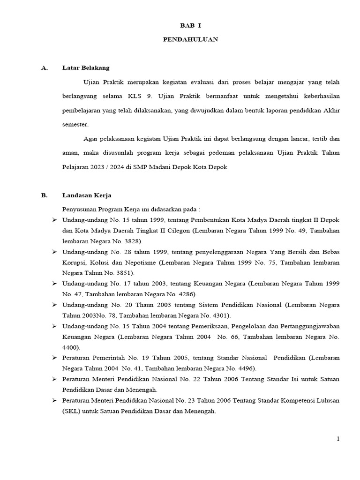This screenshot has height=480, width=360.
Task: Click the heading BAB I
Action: point(190,26)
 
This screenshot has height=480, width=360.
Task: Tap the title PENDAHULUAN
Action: point(190,40)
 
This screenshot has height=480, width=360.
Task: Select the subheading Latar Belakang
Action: point(86,68)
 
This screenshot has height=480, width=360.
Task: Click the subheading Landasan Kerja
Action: point(87,195)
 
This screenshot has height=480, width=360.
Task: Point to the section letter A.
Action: point(45,68)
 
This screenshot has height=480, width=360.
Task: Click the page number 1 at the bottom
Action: point(338,439)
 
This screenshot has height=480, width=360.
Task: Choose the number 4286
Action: point(186,294)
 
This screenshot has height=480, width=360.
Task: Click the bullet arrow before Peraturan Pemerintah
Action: point(54,358)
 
